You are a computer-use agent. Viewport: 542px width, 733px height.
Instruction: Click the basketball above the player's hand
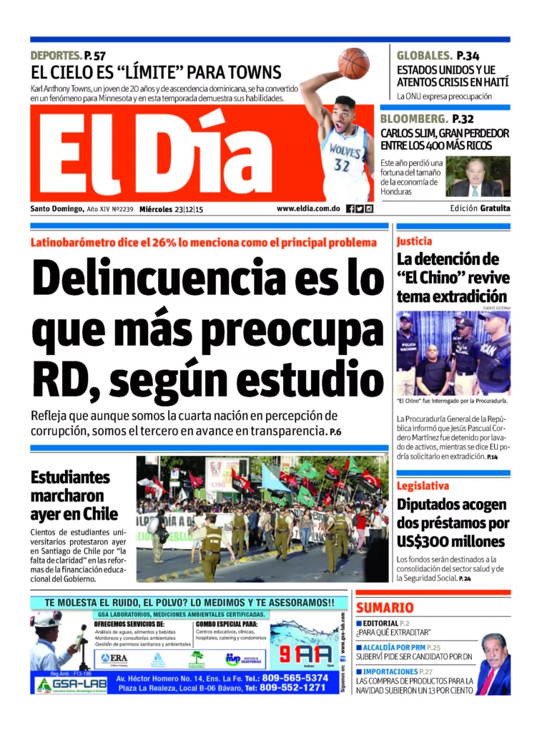pyautogui.click(x=354, y=63)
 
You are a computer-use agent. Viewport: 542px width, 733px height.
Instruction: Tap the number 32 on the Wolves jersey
pyautogui.click(x=342, y=165)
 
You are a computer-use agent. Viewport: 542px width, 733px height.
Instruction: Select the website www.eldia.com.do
pyautogui.click(x=307, y=209)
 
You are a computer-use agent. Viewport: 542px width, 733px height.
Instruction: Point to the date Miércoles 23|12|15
pyautogui.click(x=171, y=209)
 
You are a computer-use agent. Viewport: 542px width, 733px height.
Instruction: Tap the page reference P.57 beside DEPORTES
pyautogui.click(x=94, y=55)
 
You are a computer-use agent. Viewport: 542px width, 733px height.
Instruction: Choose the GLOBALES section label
pyautogui.click(x=425, y=55)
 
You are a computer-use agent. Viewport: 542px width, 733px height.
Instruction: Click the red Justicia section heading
pyautogui.click(x=415, y=242)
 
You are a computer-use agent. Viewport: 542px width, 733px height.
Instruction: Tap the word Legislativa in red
pyautogui.click(x=423, y=486)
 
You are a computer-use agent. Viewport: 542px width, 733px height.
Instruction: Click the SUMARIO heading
pyautogui.click(x=385, y=608)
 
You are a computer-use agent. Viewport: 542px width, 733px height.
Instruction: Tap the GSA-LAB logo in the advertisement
pyautogui.click(x=62, y=685)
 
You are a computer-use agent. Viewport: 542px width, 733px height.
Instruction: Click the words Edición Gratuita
pyautogui.click(x=481, y=209)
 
